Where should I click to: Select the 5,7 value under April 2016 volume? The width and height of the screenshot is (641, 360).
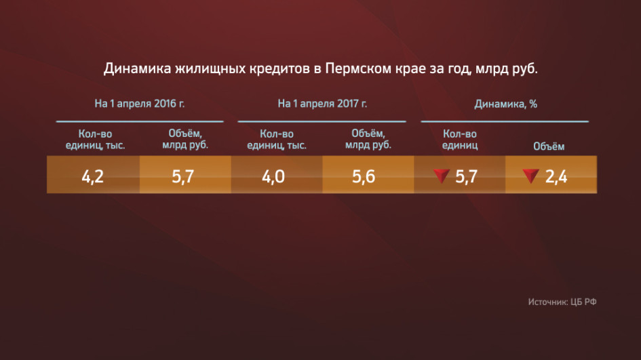click(182, 176)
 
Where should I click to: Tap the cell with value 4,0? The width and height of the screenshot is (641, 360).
click(273, 176)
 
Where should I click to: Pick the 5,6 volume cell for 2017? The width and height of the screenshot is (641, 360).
click(364, 176)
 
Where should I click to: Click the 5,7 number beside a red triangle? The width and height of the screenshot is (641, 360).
click(467, 176)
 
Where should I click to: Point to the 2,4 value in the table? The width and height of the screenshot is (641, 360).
click(556, 176)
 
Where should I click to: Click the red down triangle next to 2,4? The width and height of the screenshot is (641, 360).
click(531, 176)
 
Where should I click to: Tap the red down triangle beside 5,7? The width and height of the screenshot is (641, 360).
click(442, 176)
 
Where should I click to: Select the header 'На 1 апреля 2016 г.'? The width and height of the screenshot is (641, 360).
click(140, 104)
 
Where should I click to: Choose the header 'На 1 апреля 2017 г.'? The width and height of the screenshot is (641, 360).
click(323, 104)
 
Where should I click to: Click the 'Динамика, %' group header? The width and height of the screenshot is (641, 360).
click(506, 104)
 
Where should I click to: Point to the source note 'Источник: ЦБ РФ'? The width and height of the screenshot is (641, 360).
click(562, 302)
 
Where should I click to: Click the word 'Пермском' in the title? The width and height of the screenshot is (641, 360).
click(357, 68)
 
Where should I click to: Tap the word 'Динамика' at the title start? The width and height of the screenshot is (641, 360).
click(137, 68)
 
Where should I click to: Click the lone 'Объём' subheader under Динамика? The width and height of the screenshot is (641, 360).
click(549, 146)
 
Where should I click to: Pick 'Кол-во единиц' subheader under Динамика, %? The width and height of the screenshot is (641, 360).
click(460, 140)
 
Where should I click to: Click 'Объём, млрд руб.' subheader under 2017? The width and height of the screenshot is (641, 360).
click(368, 139)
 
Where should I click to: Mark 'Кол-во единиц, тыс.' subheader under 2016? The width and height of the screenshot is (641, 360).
click(95, 140)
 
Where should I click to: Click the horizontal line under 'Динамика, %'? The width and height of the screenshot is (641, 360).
click(505, 121)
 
